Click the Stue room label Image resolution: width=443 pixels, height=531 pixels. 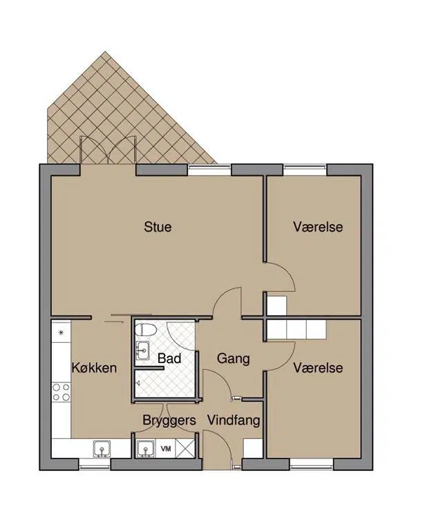click(158, 227)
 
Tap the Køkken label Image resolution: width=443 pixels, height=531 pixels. click(94, 368)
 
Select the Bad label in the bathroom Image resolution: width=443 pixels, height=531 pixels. click(169, 358)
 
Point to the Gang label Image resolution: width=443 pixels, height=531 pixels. click(233, 359)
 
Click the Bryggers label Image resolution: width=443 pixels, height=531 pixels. click(169, 420)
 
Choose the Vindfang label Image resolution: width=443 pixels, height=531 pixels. click(234, 420)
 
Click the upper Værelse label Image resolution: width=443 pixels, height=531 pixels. click(318, 227)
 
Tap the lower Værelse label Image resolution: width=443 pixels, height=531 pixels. click(318, 368)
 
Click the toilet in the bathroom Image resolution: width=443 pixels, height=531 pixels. click(146, 330)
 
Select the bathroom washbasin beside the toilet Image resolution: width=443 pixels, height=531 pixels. click(142, 351)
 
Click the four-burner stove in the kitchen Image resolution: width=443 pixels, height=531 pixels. click(62, 392)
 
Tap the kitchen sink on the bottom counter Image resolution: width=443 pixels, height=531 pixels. click(102, 449)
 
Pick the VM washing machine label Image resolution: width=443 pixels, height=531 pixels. click(166, 449)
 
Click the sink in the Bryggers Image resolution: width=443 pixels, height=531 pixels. click(146, 449)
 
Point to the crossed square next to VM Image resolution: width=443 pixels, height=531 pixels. click(186, 449)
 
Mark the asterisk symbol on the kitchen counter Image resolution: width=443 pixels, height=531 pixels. click(62, 332)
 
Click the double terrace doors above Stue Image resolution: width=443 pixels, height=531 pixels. click(108, 151)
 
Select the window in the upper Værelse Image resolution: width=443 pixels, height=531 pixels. click(305, 170)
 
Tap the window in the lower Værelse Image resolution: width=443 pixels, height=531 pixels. click(312, 465)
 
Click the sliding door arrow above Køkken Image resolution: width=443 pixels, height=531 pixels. click(113, 322)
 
